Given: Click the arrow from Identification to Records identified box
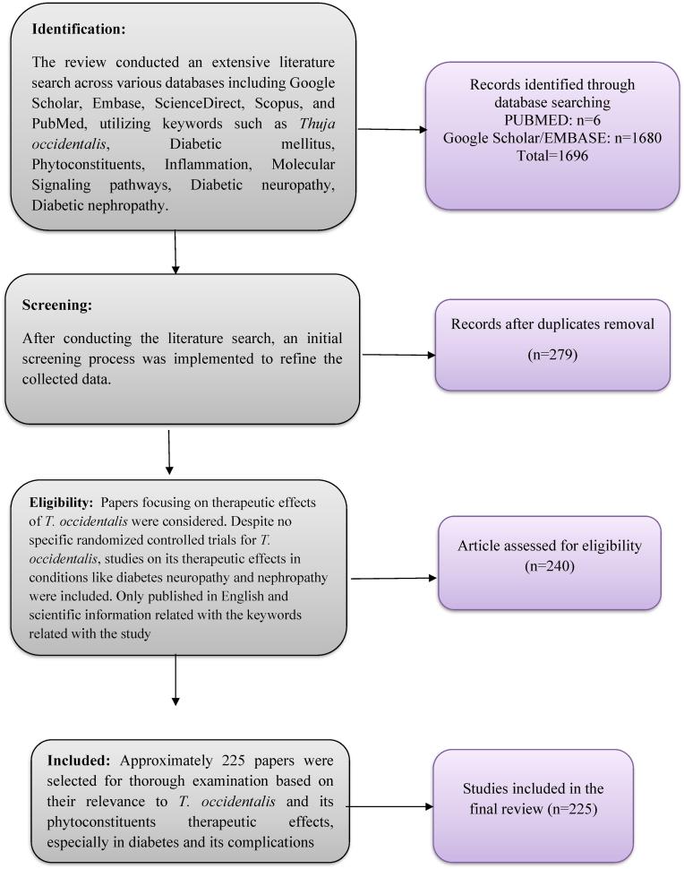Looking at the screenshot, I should pyautogui.click(x=391, y=130).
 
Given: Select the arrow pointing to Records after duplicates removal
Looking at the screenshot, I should pyautogui.click(x=398, y=355).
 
